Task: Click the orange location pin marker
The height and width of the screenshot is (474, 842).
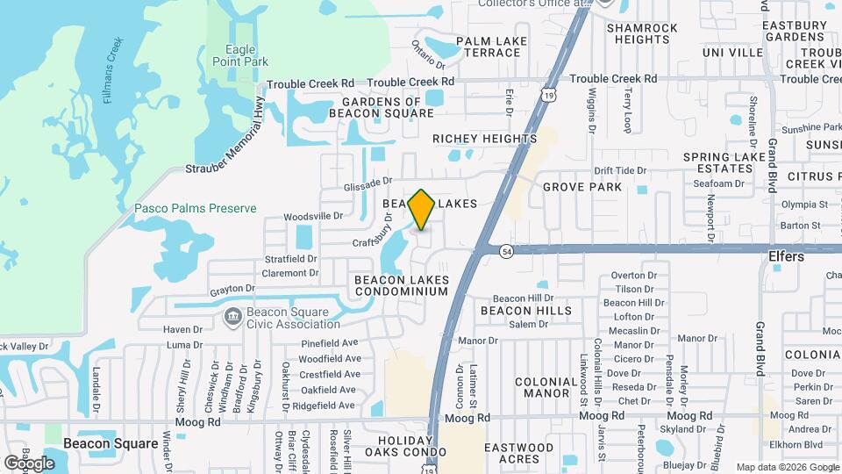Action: coord(421,210)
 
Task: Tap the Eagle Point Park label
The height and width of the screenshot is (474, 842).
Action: coord(239,55)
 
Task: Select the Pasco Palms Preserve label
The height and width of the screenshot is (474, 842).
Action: coord(196,208)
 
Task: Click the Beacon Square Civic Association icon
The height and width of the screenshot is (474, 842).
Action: coord(233,316)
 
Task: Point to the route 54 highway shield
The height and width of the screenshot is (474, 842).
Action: coord(507,251)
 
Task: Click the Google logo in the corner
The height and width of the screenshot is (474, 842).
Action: coord(29,463)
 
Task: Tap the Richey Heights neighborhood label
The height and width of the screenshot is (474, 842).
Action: coord(484,139)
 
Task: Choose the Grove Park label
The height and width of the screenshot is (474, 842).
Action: coord(582,187)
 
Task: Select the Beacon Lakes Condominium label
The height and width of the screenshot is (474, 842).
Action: coord(402,285)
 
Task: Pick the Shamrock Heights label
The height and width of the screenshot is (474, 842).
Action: coord(642,33)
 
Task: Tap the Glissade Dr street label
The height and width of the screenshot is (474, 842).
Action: coord(367,183)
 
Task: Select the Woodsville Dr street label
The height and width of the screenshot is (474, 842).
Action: coord(313,215)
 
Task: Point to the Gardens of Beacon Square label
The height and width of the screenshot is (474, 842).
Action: coord(382,107)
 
